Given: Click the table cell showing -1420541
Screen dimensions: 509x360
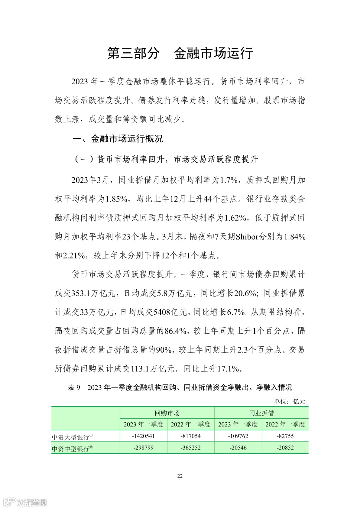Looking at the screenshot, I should [143, 436].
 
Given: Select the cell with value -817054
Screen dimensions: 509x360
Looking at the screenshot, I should [191, 436].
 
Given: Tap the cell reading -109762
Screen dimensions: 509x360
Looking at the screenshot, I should [238, 436].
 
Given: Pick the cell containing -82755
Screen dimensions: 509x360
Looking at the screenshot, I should [285, 436].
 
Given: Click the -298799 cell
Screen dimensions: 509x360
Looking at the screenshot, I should [143, 448].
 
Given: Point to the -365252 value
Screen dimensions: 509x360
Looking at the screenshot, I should [191, 448].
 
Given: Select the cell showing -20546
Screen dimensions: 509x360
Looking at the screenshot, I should [238, 448].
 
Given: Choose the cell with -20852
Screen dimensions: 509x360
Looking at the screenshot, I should [285, 448].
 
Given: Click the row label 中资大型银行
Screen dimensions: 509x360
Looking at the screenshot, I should [72, 437].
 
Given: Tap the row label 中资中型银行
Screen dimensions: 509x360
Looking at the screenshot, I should [72, 448].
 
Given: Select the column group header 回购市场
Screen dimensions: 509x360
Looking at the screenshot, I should [167, 413].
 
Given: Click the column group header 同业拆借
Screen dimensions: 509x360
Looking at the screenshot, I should [261, 413].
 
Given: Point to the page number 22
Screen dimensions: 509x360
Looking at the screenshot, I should [180, 476].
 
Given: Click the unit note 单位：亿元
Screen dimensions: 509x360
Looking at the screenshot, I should [290, 401].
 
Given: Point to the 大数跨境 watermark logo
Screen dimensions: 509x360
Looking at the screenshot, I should [25, 502].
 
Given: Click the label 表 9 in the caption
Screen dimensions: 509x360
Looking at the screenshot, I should [74, 387].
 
